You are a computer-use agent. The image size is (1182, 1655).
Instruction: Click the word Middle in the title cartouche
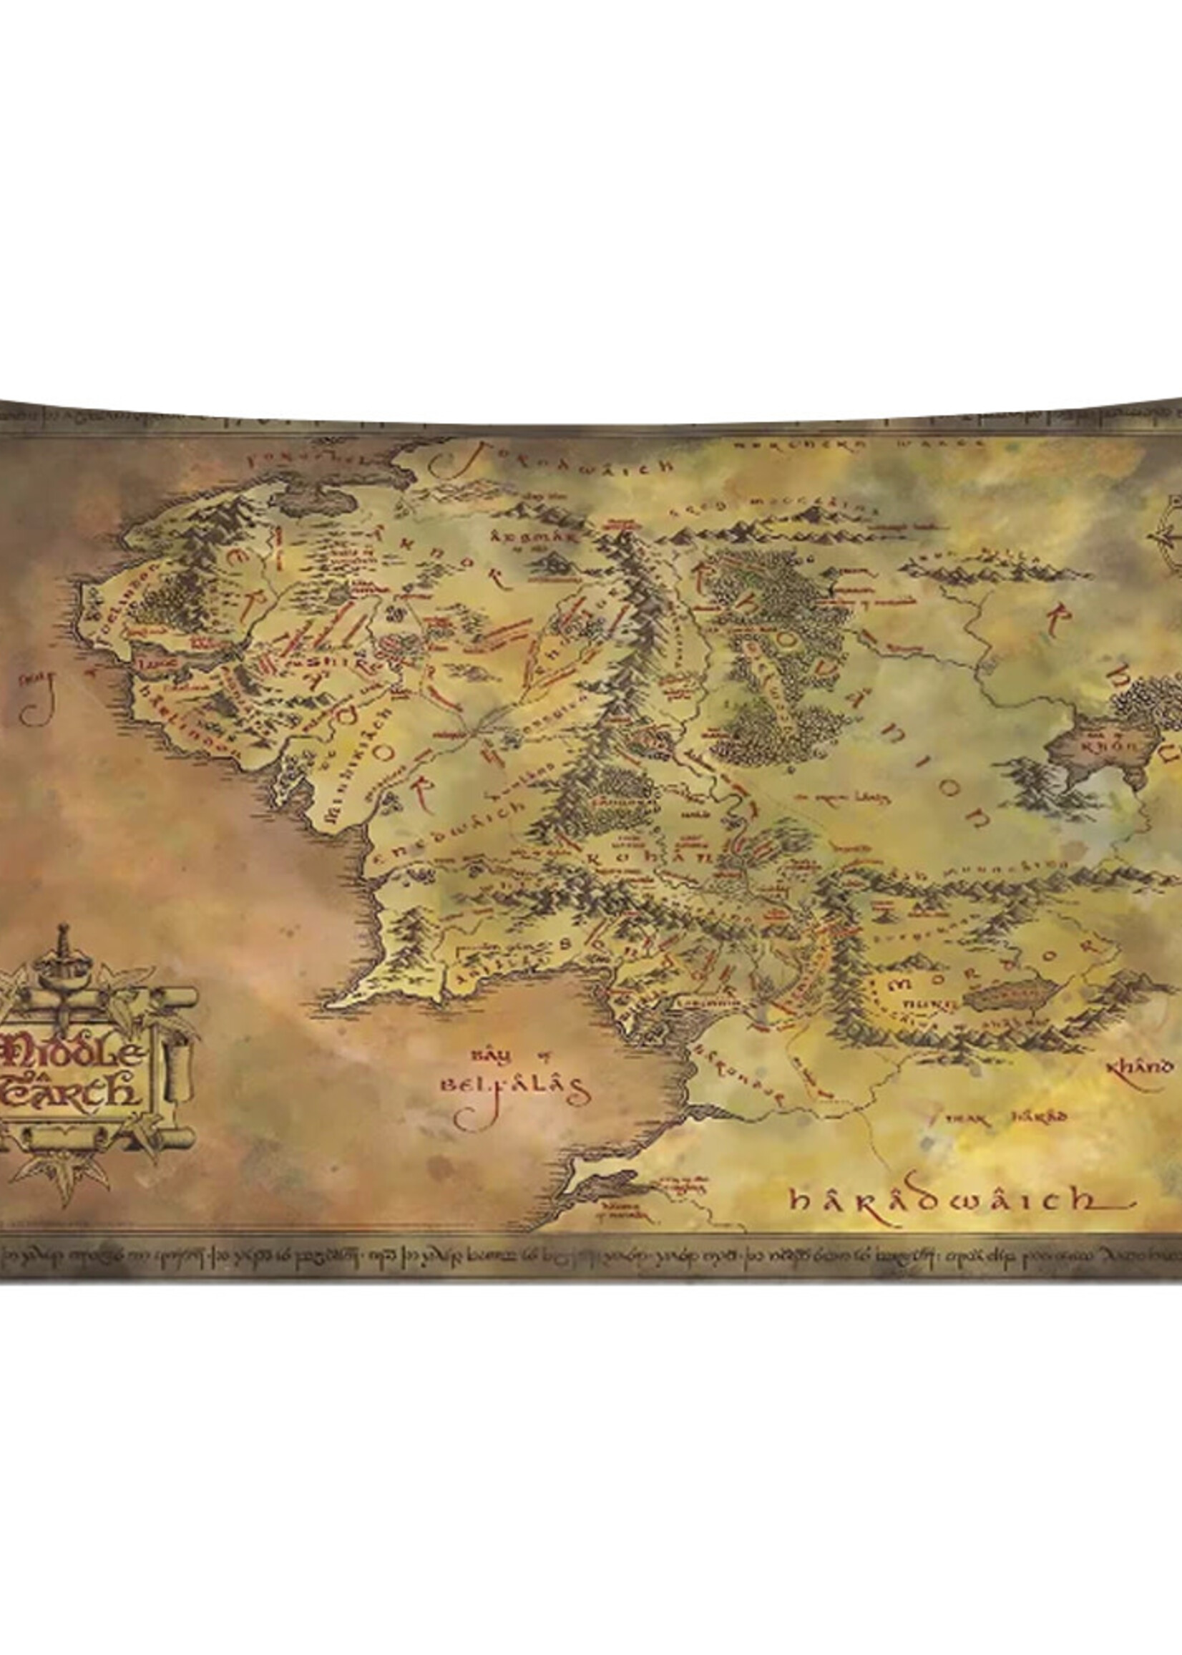pos(73,1051)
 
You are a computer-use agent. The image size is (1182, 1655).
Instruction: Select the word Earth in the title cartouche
pos(73,1091)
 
